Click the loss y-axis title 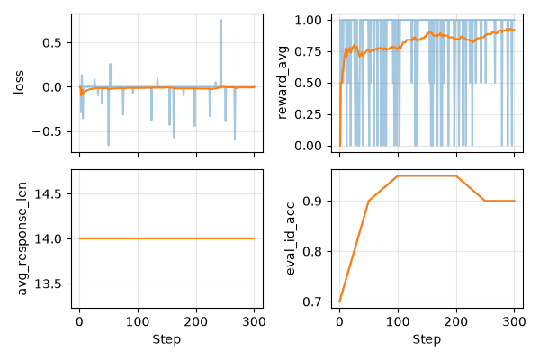pyautogui.click(x=19, y=82)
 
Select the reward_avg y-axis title pyautogui.click(x=282, y=82)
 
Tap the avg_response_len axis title pyautogui.click(x=22, y=238)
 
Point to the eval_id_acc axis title pyautogui.click(x=291, y=238)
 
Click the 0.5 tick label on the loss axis pyautogui.click(x=52, y=43)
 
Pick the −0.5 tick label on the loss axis pyautogui.click(x=47, y=132)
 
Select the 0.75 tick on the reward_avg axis pyautogui.click(x=308, y=51)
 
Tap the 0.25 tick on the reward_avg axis pyautogui.click(x=308, y=114)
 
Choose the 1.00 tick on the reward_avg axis pyautogui.click(x=308, y=21)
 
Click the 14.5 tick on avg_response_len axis pyautogui.click(x=49, y=194)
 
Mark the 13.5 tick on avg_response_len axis pyautogui.click(x=49, y=283)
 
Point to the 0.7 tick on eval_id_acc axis pyautogui.click(x=312, y=302)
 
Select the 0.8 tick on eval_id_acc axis pyautogui.click(x=312, y=251)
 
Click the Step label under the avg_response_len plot pyautogui.click(x=166, y=339)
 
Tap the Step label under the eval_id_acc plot pyautogui.click(x=427, y=339)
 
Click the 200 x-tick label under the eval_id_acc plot pyautogui.click(x=456, y=322)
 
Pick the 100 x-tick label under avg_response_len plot pyautogui.click(x=138, y=322)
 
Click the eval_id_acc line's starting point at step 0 pyautogui.click(x=340, y=301)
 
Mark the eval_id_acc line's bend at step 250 pyautogui.click(x=485, y=201)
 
